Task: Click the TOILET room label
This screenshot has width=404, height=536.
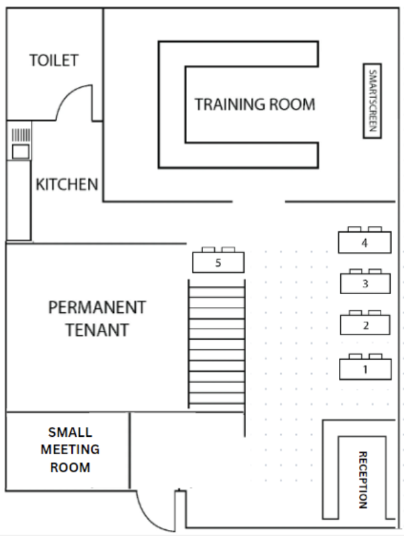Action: point(54,60)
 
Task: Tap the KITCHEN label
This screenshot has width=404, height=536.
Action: point(67,185)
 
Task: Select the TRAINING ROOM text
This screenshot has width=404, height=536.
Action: point(255,105)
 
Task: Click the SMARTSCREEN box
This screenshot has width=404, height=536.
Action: point(373,101)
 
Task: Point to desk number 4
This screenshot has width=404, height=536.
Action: point(364,243)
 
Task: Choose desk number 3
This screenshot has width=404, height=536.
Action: point(365,283)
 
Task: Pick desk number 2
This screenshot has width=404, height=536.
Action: point(365,325)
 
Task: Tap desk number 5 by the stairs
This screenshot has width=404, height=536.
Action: point(218,262)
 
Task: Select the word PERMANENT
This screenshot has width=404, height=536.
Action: point(97,308)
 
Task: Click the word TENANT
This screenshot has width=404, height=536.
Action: point(97,330)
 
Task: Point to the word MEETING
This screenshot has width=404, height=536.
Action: point(70,449)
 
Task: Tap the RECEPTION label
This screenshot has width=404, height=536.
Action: point(362,480)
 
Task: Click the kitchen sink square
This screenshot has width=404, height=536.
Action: point(21,151)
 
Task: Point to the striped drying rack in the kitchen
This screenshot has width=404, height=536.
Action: point(21,135)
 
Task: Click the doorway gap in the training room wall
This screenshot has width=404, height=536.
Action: point(259,202)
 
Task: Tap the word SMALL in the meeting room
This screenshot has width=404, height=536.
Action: point(70,432)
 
